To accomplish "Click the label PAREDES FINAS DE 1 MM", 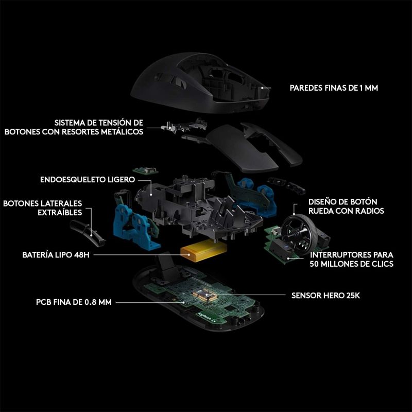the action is click(x=334, y=88).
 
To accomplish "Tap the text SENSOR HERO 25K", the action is click(x=325, y=296).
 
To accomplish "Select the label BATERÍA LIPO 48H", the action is click(x=56, y=255).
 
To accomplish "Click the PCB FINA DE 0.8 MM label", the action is click(x=74, y=302).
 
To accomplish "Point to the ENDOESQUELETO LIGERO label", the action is click(x=88, y=180).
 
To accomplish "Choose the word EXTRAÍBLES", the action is click(x=60, y=213).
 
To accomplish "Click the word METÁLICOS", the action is click(x=122, y=132).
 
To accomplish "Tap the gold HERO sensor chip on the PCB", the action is click(x=204, y=295).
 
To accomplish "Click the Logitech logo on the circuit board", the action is click(x=207, y=317).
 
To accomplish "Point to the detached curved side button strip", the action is click(x=87, y=233).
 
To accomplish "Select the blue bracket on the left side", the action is click(x=134, y=227).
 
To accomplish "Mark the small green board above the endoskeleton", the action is click(x=146, y=170).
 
